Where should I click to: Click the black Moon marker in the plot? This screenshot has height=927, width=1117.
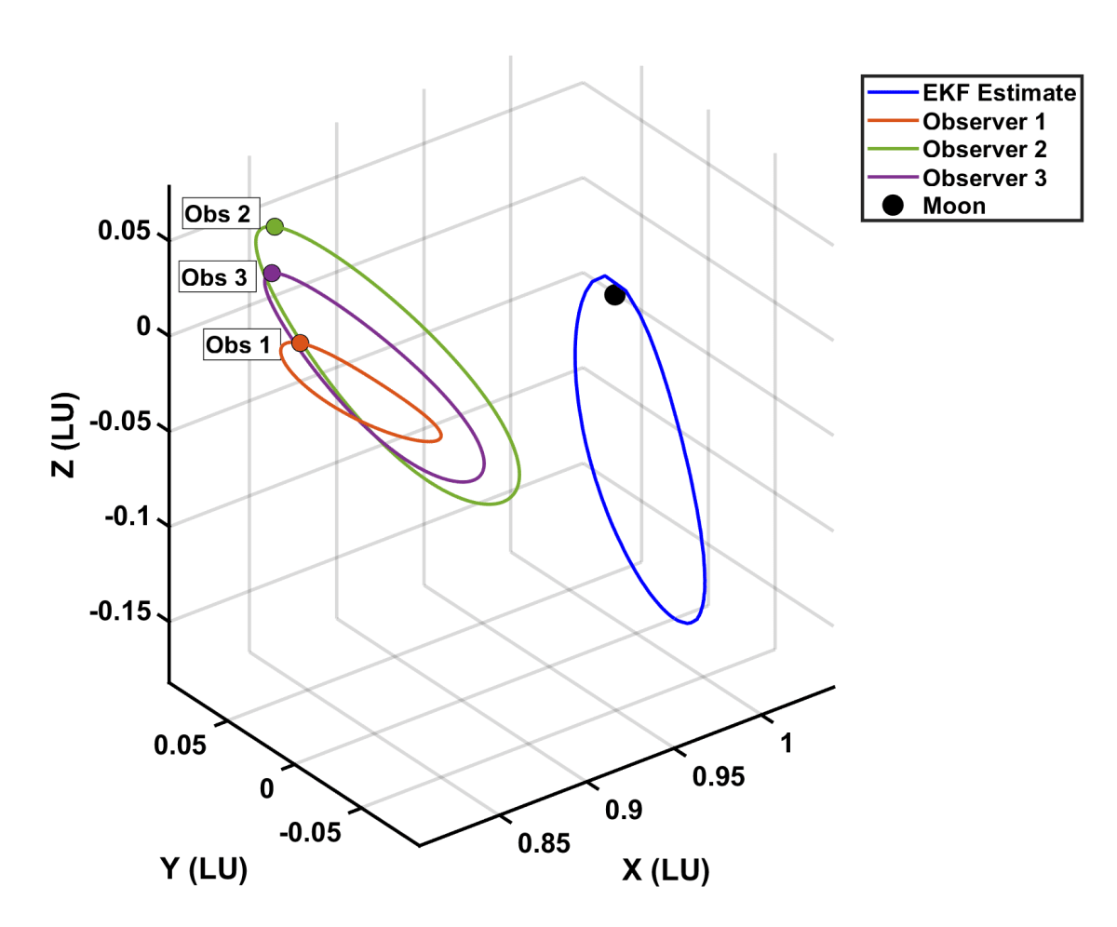[614, 295]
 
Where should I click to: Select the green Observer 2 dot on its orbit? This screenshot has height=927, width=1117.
[275, 226]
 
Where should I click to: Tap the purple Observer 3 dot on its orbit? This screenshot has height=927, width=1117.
[272, 273]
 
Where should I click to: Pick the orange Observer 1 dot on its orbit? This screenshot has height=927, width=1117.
[300, 343]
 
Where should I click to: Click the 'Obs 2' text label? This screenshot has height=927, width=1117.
[217, 213]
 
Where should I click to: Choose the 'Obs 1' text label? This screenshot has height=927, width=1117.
[237, 346]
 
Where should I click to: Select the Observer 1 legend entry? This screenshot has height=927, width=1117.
[984, 121]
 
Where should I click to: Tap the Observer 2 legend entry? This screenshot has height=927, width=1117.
[984, 149]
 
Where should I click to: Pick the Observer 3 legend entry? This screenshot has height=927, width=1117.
[984, 178]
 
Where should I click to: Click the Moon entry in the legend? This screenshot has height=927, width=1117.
[953, 206]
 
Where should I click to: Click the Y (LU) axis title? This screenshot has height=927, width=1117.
[204, 869]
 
